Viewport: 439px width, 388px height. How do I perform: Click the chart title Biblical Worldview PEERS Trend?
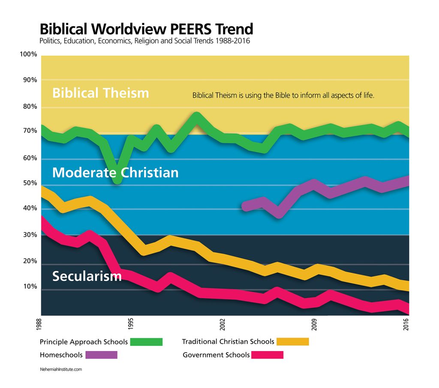[146, 29]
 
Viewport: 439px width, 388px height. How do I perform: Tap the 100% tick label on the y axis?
[28, 54]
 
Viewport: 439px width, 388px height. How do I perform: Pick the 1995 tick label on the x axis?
[131, 322]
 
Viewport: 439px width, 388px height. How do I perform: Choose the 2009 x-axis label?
[314, 322]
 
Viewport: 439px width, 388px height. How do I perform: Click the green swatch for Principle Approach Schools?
[146, 342]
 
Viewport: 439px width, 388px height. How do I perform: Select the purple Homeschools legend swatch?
[101, 355]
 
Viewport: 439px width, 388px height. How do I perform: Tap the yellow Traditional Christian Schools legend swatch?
[293, 342]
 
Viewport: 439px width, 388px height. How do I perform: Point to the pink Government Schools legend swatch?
[268, 355]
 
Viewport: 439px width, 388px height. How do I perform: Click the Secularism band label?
[87, 276]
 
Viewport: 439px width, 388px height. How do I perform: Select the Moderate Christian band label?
[115, 173]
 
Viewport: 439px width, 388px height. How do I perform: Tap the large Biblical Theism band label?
[101, 93]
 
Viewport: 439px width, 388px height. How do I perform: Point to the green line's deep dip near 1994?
[117, 179]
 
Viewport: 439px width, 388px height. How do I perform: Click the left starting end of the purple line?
[245, 206]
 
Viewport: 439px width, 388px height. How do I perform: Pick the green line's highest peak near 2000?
[196, 116]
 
